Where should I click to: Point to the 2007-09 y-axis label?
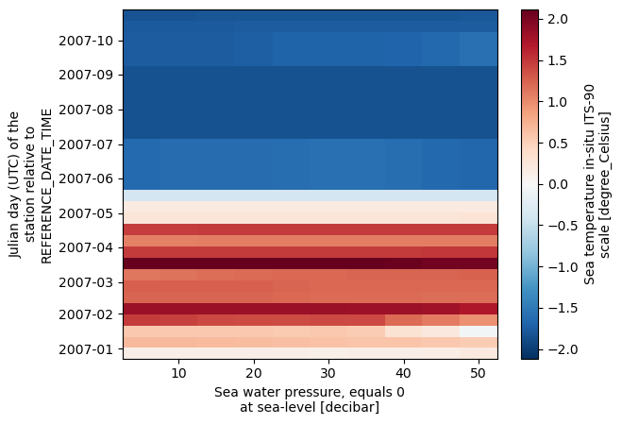click(86, 73)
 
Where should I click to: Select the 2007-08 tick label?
click(86, 110)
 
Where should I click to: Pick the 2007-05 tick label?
click(86, 212)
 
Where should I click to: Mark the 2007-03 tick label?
click(86, 281)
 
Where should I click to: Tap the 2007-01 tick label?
click(86, 348)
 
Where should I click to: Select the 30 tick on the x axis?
click(328, 374)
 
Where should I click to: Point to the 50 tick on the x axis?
click(479, 374)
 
